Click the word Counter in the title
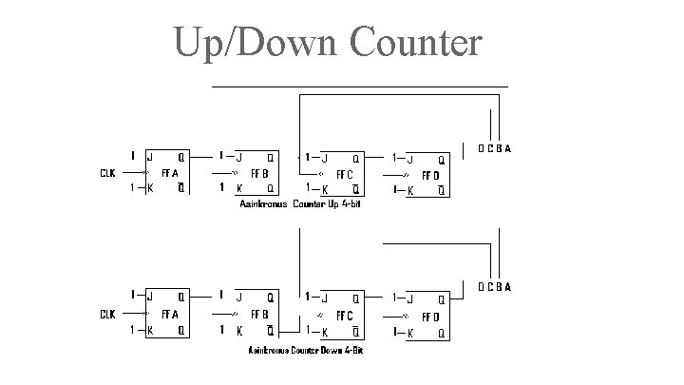415,44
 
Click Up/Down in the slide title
256,44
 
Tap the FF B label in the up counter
258,173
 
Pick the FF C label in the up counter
345,174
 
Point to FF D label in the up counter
429,175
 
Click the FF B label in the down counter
258,313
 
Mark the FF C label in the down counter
345,314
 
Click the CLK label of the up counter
108,173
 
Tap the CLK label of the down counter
108,313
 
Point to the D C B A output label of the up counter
494,148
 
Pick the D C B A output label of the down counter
494,287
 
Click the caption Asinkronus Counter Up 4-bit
300,204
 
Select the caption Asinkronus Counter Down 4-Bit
305,351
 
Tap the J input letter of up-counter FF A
149,156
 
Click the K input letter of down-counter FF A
149,331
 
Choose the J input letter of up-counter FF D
410,159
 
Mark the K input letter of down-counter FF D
410,333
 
